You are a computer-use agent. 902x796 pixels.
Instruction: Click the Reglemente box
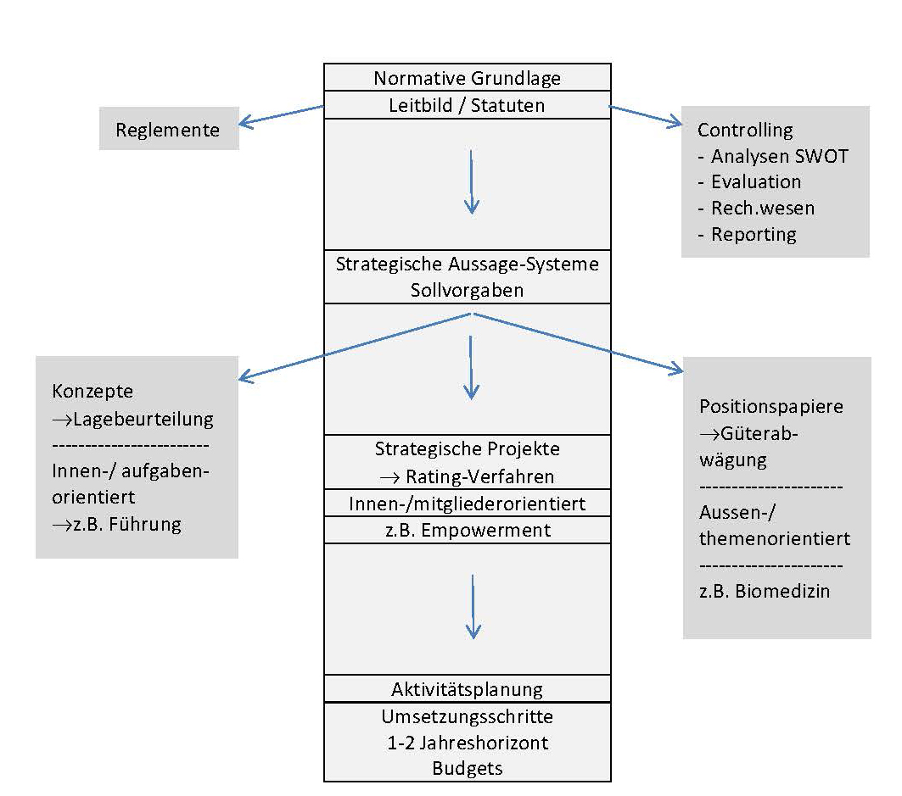168,130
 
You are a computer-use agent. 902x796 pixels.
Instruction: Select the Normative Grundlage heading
467,79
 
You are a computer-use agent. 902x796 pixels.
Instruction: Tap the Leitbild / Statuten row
467,105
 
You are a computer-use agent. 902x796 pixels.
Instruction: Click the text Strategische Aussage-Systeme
467,264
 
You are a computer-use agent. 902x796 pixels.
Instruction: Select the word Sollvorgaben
467,290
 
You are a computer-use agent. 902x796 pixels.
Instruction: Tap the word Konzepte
92,392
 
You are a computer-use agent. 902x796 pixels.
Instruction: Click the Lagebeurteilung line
134,418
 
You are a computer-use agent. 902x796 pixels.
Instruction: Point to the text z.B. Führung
117,524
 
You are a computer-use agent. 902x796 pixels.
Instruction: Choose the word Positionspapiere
771,406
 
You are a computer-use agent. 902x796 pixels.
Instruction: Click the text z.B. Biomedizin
765,591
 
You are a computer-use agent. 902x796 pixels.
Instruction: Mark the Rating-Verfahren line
467,476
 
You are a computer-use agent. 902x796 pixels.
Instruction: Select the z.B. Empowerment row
467,530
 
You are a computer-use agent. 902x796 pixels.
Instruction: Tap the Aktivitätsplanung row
467,688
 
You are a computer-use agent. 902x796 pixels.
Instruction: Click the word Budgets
467,769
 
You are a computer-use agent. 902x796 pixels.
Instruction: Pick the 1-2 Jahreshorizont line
467,743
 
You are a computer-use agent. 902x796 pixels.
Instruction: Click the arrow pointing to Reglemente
280,116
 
